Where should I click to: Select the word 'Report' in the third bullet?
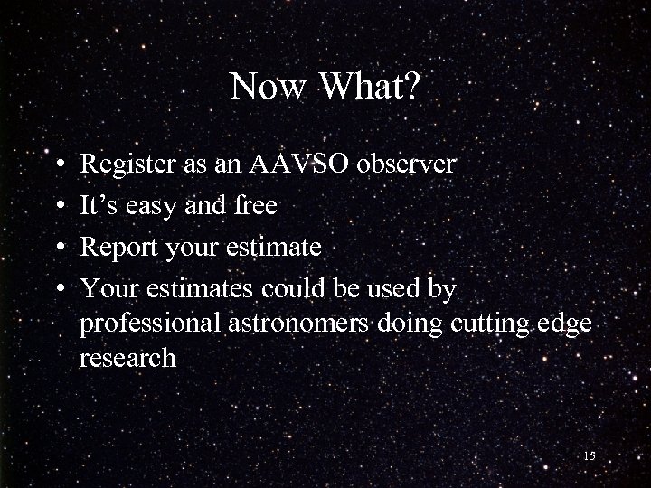(117, 248)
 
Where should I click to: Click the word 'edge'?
(566, 324)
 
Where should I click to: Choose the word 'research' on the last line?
(127, 358)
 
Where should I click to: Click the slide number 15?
(589, 456)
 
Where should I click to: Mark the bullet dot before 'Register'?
(58, 166)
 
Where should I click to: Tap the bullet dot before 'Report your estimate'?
(58, 249)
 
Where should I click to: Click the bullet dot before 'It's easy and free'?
(58, 207)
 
